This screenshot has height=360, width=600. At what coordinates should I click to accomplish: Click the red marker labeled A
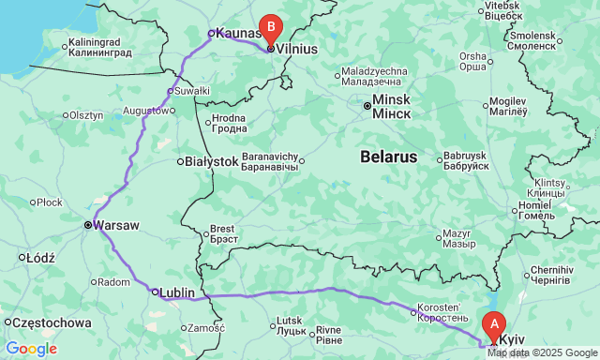point(494,325)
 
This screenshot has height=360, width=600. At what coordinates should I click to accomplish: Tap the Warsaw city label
point(116,226)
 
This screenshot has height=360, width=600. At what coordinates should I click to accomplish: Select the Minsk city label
point(391,105)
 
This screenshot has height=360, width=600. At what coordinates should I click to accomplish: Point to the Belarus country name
point(388,157)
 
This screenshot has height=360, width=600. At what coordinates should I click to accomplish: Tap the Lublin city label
point(177,292)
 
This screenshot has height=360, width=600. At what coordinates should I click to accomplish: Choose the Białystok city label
point(212,161)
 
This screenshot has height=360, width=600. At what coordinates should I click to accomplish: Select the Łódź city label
point(41,257)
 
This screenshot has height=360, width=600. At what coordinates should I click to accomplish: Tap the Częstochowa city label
point(52,322)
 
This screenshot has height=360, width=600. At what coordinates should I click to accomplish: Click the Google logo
point(31,349)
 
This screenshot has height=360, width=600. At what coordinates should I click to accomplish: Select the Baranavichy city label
point(270,160)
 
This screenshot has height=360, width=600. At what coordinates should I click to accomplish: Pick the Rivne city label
point(328,330)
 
